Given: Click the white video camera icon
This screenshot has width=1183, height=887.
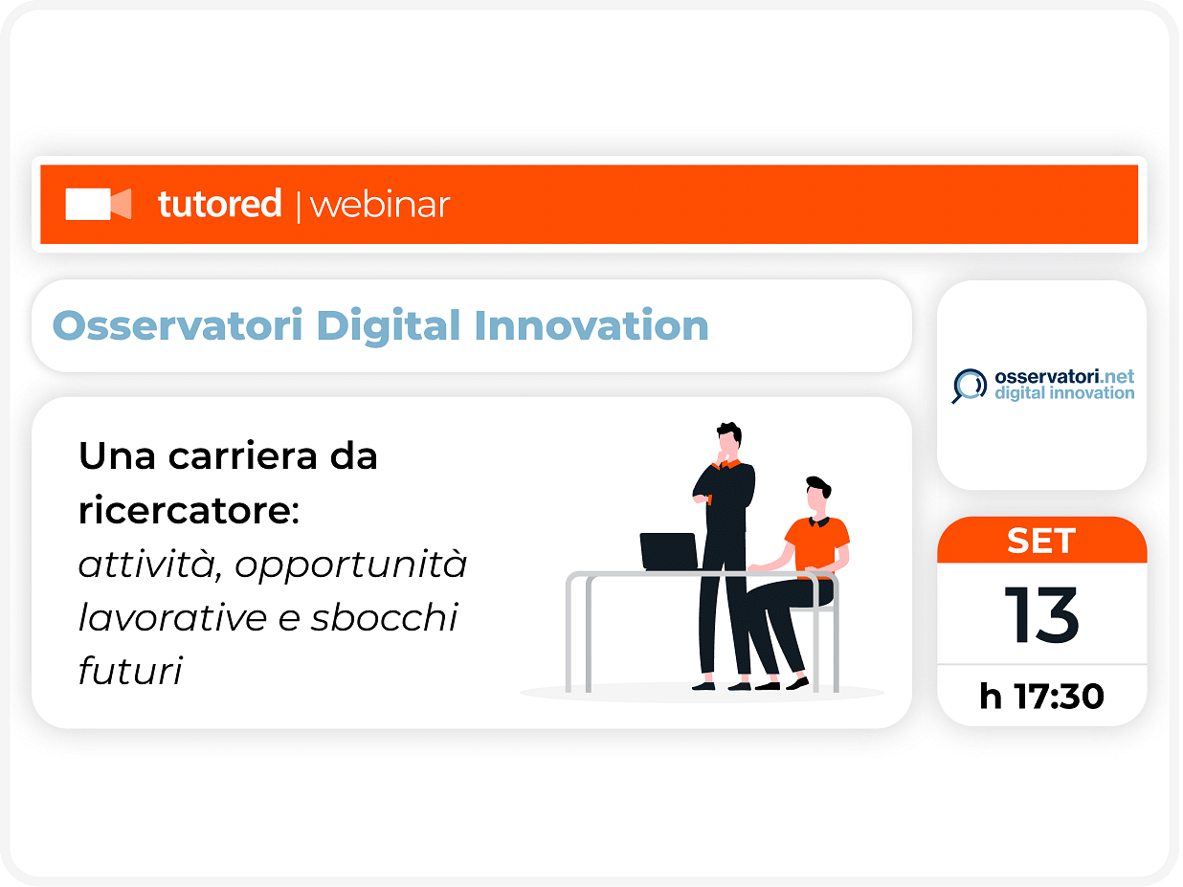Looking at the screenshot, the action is pyautogui.click(x=98, y=204).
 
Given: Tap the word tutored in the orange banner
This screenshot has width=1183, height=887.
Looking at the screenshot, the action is pyautogui.click(x=219, y=204).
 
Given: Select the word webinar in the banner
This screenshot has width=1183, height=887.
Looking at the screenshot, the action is pyautogui.click(x=380, y=205).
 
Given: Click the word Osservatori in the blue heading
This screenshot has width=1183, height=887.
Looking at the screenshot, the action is pyautogui.click(x=177, y=326).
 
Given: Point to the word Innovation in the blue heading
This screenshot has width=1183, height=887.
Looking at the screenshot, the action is pyautogui.click(x=591, y=326).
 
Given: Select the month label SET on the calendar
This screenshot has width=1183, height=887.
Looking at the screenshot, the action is pyautogui.click(x=1041, y=541).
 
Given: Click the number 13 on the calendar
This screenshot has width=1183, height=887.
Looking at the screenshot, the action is pyautogui.click(x=1041, y=615).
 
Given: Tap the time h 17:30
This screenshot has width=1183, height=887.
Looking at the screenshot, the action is pyautogui.click(x=1041, y=697).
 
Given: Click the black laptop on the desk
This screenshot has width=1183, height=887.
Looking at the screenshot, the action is pyautogui.click(x=669, y=551).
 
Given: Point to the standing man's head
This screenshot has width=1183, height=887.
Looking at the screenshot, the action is pyautogui.click(x=729, y=439).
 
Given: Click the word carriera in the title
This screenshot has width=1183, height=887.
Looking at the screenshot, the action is pyautogui.click(x=242, y=456).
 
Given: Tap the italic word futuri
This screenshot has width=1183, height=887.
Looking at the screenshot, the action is pyautogui.click(x=130, y=671).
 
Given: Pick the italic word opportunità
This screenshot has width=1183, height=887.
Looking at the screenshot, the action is pyautogui.click(x=351, y=565).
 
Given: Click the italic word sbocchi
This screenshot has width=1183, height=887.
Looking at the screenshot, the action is pyautogui.click(x=384, y=617).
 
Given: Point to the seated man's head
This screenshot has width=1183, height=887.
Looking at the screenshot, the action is pyautogui.click(x=818, y=494).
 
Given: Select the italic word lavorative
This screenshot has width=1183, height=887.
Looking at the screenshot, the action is pyautogui.click(x=172, y=617).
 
